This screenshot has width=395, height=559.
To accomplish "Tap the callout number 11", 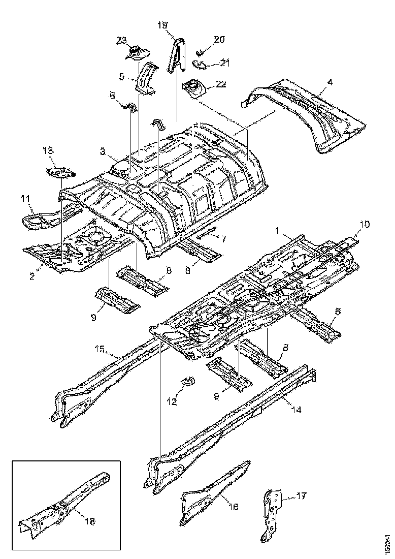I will (25, 198).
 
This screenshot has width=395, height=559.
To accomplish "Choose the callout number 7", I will (223, 238).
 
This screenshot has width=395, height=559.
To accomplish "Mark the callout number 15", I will (100, 349).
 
